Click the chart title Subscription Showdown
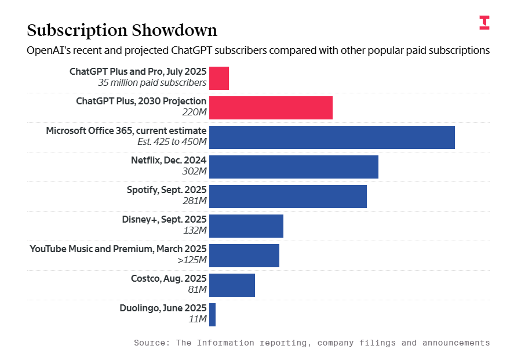(x=122, y=30)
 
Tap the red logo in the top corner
(x=484, y=23)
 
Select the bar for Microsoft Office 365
(x=331, y=137)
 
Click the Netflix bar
(x=293, y=167)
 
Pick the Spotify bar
(x=287, y=197)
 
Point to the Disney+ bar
(x=246, y=226)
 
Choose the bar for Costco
(x=232, y=285)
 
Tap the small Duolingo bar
(x=212, y=315)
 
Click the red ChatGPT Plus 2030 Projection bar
(x=271, y=108)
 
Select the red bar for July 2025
(x=219, y=78)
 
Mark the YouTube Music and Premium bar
(x=244, y=256)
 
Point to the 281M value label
(x=195, y=201)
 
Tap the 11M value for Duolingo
(x=198, y=319)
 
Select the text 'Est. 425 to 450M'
(x=172, y=141)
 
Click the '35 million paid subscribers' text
(x=152, y=82)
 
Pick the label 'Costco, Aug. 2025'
(x=168, y=278)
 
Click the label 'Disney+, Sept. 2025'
(x=164, y=219)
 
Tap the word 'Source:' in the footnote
(x=152, y=343)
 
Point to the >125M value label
(x=192, y=260)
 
